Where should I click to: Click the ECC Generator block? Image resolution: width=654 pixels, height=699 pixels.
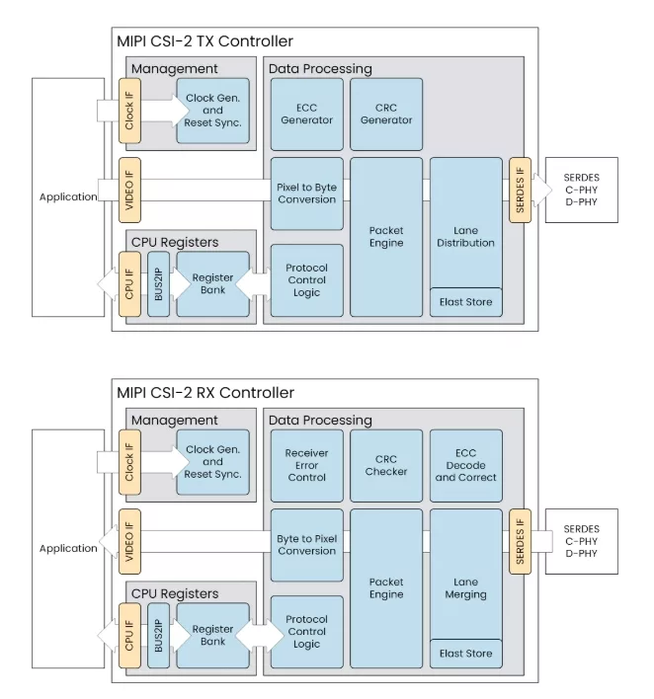pyautogui.click(x=307, y=115)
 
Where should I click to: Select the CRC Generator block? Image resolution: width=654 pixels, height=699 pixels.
pyautogui.click(x=386, y=115)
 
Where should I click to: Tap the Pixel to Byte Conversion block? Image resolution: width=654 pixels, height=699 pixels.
pyautogui.click(x=307, y=194)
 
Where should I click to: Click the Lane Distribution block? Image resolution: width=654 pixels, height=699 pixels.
pyautogui.click(x=465, y=223)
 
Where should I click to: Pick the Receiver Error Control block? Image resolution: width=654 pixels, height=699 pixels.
pyautogui.click(x=307, y=465)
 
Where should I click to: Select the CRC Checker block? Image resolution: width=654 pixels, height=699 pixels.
pyautogui.click(x=386, y=465)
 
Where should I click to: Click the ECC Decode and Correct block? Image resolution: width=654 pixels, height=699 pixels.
pyautogui.click(x=465, y=465)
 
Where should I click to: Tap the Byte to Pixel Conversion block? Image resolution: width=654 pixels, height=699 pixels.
pyautogui.click(x=307, y=545)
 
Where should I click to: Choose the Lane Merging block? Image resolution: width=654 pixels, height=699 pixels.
pyautogui.click(x=465, y=575)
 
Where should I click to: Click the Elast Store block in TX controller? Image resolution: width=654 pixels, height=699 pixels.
pyautogui.click(x=465, y=302)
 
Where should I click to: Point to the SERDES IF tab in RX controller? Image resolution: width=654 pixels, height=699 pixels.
pyautogui.click(x=521, y=541)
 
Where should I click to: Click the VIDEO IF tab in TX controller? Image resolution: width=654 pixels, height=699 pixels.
pyautogui.click(x=129, y=190)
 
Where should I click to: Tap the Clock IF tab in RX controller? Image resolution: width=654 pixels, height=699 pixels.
pyautogui.click(x=129, y=462)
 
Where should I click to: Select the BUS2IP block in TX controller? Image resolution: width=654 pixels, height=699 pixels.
pyautogui.click(x=158, y=284)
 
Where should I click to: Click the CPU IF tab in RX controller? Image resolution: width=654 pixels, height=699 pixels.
pyautogui.click(x=129, y=635)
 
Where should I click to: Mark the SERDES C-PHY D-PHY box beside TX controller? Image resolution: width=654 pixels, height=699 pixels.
pyautogui.click(x=582, y=190)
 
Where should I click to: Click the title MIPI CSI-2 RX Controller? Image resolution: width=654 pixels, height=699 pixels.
pyautogui.click(x=205, y=393)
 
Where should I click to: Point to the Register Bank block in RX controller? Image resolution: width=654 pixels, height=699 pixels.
pyautogui.click(x=212, y=635)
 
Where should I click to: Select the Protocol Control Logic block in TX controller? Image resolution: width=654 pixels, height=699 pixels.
pyautogui.click(x=307, y=280)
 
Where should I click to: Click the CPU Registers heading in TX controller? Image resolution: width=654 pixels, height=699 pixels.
pyautogui.click(x=175, y=242)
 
